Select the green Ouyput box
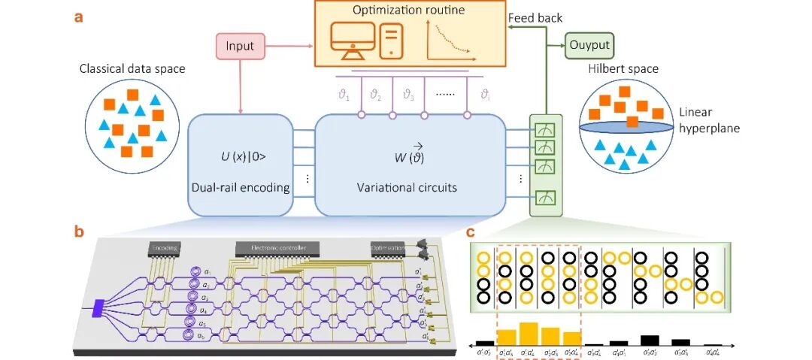click(x=589, y=47)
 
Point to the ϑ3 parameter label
click(x=409, y=95)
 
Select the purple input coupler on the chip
click(x=97, y=306)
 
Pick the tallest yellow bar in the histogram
click(x=529, y=333)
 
